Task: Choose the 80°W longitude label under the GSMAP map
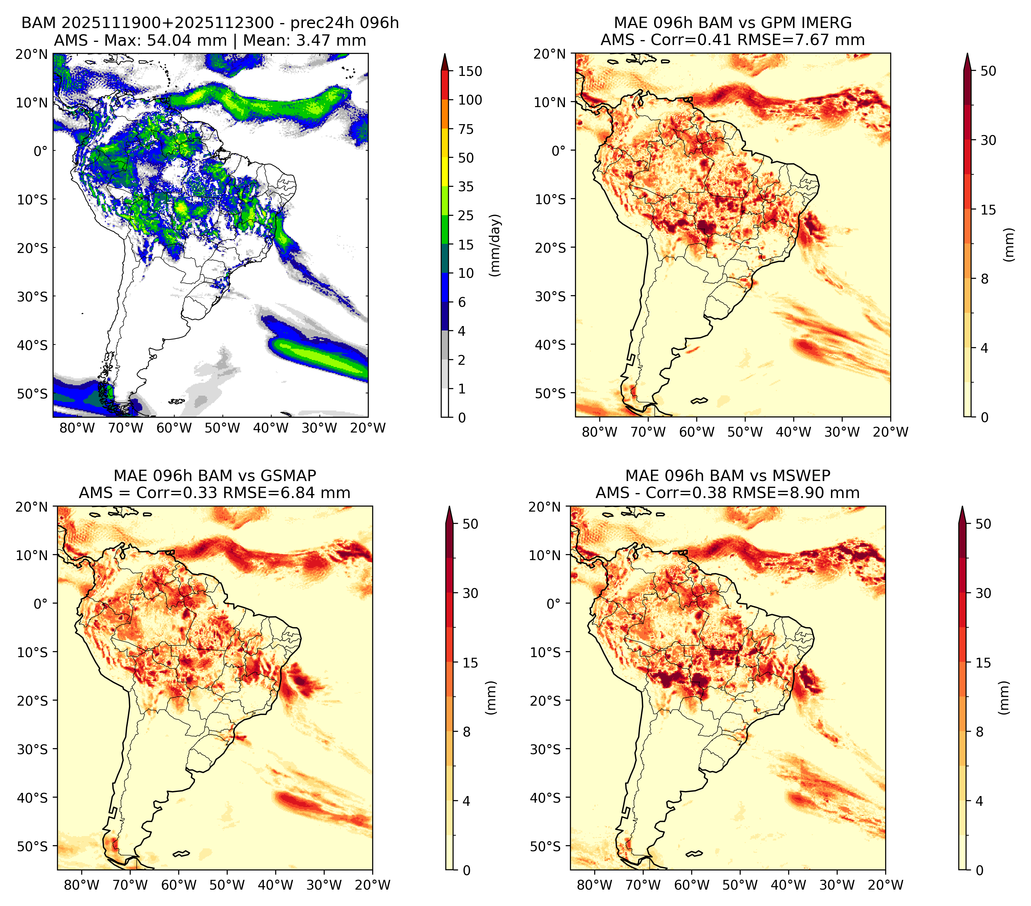click(x=82, y=885)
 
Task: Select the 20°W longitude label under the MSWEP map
click(x=885, y=885)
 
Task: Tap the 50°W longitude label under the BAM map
click(x=222, y=428)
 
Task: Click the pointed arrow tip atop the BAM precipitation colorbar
click(x=444, y=54)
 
